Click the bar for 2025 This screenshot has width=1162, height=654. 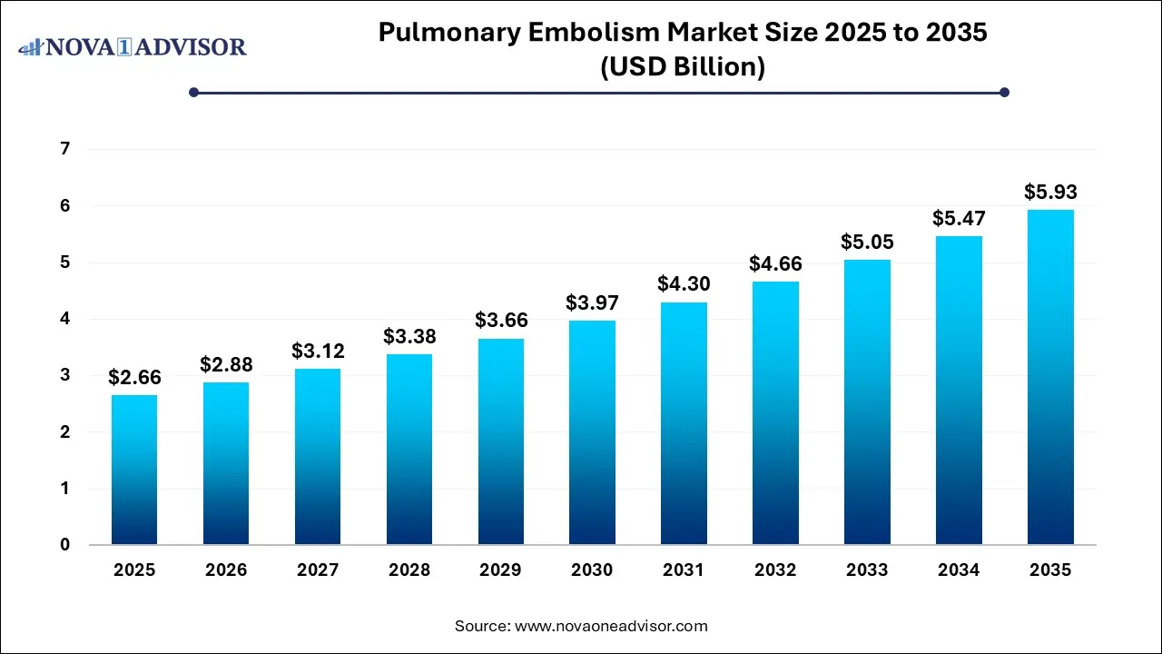coord(134,470)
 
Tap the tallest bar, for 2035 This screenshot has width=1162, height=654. coord(1050,377)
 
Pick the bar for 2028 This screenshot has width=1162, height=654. coord(409,449)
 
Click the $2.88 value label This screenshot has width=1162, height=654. coord(226,365)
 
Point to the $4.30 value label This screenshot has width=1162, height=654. coord(684,284)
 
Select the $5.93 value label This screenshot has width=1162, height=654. coord(1050,193)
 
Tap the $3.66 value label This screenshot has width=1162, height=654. coord(500,321)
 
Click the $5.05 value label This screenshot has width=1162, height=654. coord(867,242)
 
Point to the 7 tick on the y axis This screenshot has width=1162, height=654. coord(64,149)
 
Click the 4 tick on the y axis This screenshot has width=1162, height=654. coord(64,319)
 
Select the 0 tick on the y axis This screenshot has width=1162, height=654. coord(64,545)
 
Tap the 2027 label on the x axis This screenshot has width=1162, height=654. coord(318,570)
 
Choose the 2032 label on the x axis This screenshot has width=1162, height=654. coord(775,570)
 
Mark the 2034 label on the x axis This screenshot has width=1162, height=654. coord(959,570)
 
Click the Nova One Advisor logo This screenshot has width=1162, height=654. coord(132,46)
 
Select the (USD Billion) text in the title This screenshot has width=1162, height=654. coord(682,67)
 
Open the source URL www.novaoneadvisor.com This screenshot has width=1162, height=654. coord(611,626)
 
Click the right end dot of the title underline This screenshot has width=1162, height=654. coord(1004,92)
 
